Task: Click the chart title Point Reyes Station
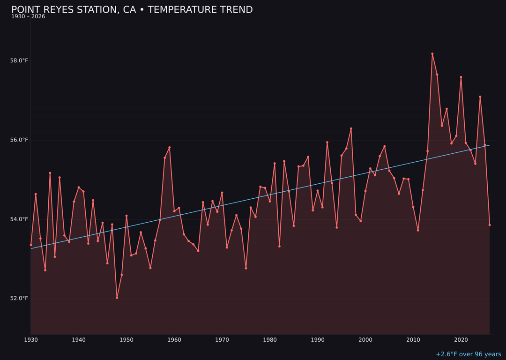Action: pos(132,10)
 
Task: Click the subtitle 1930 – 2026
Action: pos(28,17)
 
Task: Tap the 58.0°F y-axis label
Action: pos(19,61)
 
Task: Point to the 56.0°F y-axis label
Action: pos(19,140)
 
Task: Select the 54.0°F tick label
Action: pos(19,219)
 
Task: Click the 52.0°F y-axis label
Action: pos(19,299)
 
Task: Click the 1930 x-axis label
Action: pos(31,340)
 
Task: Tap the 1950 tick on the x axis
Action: pos(126,340)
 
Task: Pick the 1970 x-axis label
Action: pos(222,340)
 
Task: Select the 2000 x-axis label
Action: pos(365,340)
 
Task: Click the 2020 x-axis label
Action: pos(461,340)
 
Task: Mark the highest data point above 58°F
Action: pos(432,54)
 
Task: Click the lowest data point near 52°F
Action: pos(117,298)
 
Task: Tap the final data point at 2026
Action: pos(490,225)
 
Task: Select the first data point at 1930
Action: pos(31,245)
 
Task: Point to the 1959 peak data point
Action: pos(170,147)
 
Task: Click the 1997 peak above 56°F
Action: pos(351,128)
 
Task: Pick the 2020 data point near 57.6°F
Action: pos(461,77)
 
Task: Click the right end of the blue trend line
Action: pos(489,145)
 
